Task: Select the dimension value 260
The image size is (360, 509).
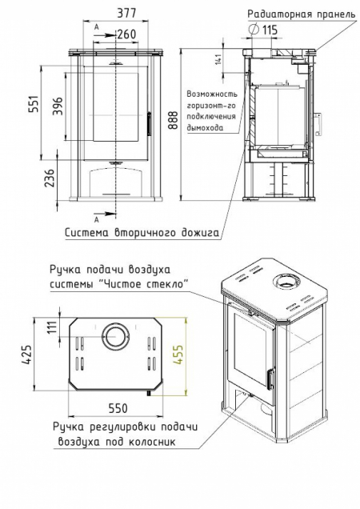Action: [x=126, y=34]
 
